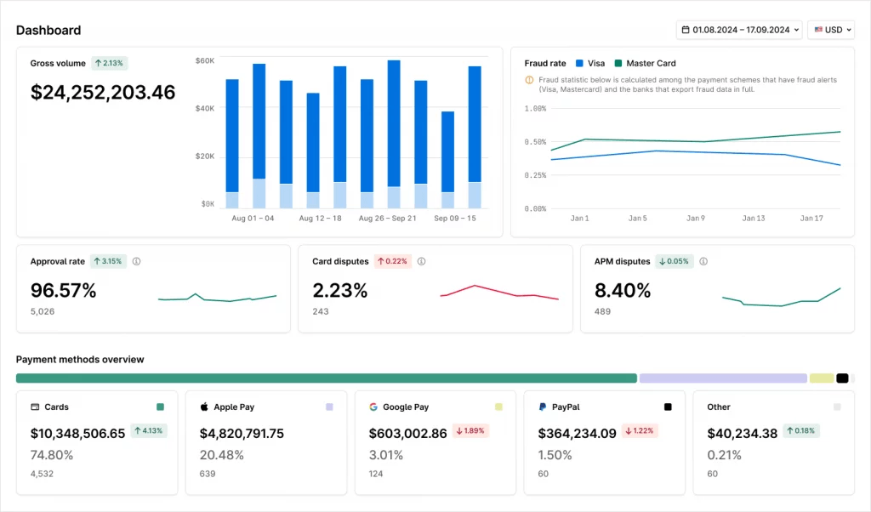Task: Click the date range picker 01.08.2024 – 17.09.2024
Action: click(x=738, y=30)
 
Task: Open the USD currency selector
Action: click(x=830, y=30)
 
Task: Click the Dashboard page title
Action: click(x=48, y=31)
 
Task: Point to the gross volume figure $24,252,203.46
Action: click(x=103, y=92)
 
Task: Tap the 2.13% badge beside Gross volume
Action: click(x=109, y=63)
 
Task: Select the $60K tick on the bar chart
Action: click(x=205, y=60)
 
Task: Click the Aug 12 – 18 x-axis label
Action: click(x=320, y=219)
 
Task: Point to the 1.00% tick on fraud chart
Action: click(x=536, y=109)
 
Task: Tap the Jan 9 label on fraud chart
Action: click(x=696, y=219)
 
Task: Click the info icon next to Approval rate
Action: click(x=136, y=261)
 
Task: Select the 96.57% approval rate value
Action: click(x=64, y=291)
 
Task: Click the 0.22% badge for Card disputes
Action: click(x=393, y=261)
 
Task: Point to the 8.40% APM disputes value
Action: click(x=623, y=291)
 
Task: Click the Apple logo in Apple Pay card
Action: click(x=204, y=407)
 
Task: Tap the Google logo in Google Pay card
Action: click(x=373, y=407)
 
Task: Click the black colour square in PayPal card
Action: click(x=668, y=407)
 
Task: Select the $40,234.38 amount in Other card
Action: click(x=743, y=434)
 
